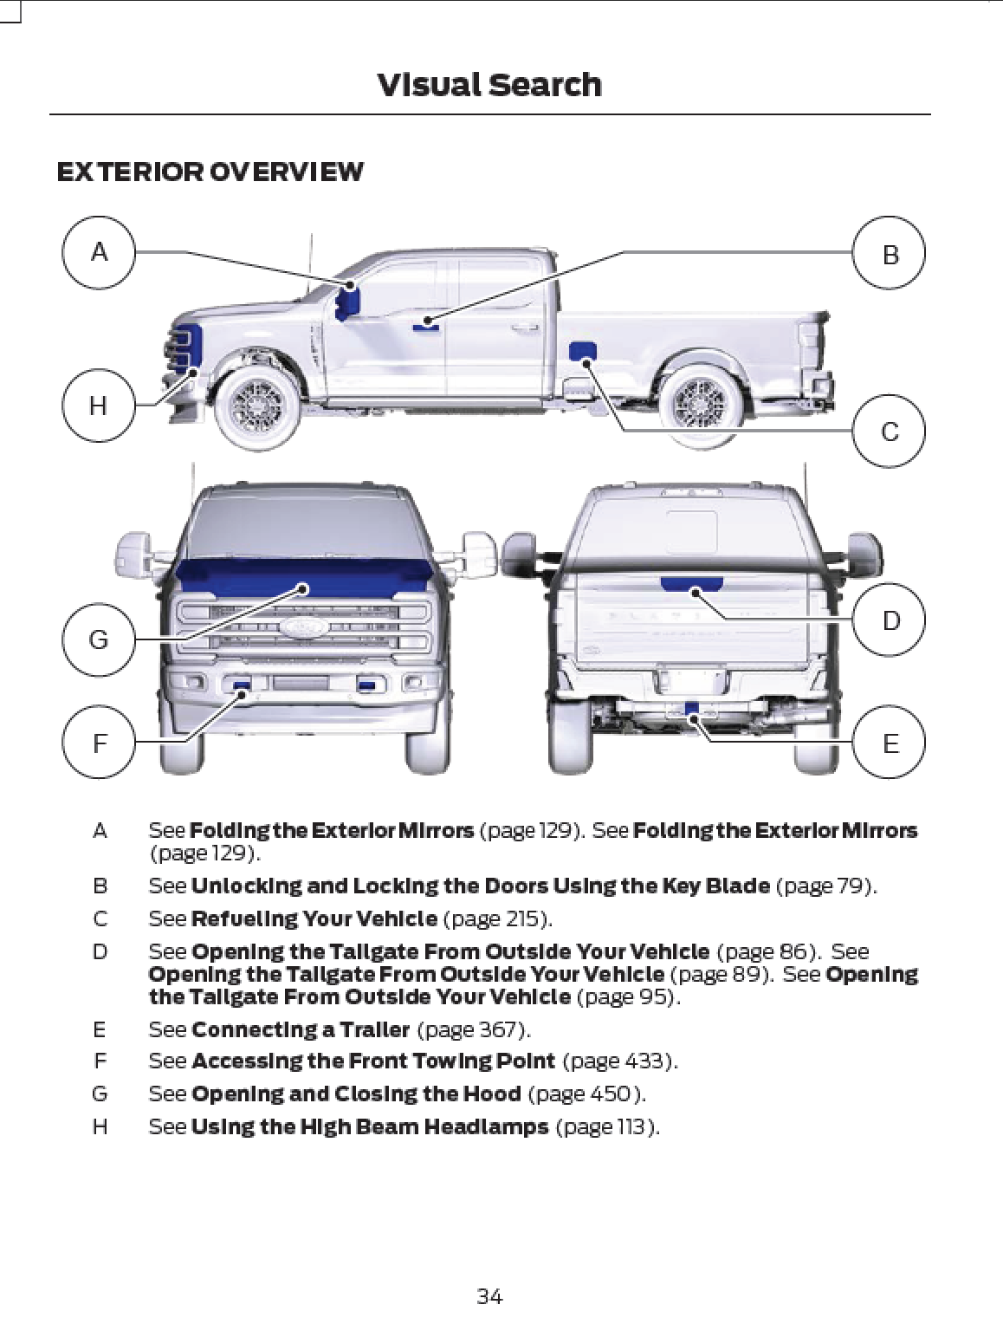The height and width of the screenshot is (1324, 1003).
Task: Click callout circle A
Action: coord(99,253)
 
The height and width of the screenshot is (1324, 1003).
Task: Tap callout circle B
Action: coord(890,253)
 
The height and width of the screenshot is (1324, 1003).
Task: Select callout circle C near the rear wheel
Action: coord(890,431)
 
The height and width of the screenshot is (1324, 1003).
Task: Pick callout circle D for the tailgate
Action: coord(890,620)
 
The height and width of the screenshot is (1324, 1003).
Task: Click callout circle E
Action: coord(890,743)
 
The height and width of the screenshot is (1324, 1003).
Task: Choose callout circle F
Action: coord(99,743)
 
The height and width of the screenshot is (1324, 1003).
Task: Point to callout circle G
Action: coord(99,639)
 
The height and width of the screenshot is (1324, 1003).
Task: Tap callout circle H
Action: coord(99,405)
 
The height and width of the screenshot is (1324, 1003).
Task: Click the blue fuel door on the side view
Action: coord(582,351)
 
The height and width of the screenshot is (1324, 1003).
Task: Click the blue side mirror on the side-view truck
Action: coord(348,300)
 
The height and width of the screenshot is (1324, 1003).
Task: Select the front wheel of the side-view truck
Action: coord(257,405)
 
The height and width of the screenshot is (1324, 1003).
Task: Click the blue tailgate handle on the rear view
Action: coord(691,584)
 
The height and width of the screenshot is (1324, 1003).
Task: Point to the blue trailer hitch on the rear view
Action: coord(691,709)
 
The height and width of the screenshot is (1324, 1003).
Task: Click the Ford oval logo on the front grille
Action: coord(303,626)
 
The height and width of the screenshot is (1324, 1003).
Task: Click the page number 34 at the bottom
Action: coord(489,1296)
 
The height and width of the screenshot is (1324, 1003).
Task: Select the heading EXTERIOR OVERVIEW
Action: coord(210,172)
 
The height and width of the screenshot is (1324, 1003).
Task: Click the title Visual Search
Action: coord(489,85)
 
